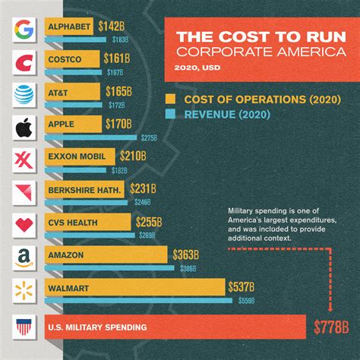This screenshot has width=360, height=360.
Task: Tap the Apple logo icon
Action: tap(23, 126)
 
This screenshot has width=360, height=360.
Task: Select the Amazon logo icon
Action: tap(23, 257)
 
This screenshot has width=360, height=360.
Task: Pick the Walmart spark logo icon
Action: tap(23, 290)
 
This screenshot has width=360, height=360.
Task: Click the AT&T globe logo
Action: tap(23, 93)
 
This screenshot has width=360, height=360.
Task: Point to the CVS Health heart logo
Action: tap(23, 225)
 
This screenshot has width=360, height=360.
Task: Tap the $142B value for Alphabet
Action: tap(110, 27)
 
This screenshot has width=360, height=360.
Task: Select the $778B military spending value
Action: tap(331, 329)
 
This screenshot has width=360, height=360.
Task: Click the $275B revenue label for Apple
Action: tap(149, 137)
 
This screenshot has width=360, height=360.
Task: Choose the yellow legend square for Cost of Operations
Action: tap(170, 99)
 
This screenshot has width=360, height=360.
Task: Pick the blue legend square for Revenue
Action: tap(170, 115)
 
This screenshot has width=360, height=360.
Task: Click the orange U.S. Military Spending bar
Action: tap(175, 329)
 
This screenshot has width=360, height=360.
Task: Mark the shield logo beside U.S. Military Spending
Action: tap(23, 329)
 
